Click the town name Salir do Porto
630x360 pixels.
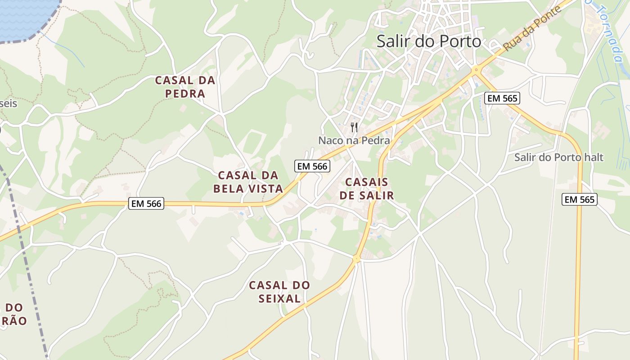(x=428, y=41)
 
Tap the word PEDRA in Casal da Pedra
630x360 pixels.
(x=185, y=94)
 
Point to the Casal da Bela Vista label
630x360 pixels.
(x=248, y=182)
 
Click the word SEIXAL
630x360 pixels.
(x=279, y=298)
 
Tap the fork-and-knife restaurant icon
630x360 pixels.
(x=354, y=127)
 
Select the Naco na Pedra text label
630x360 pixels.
(x=354, y=140)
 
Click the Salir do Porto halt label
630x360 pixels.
(x=558, y=157)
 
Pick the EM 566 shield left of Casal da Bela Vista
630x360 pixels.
(x=146, y=203)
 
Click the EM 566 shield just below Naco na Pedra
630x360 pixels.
(x=312, y=166)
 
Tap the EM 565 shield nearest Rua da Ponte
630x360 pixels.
(x=502, y=98)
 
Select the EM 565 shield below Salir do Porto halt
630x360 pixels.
(x=580, y=199)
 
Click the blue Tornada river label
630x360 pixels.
(x=609, y=31)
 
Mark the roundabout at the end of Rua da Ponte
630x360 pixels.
(x=476, y=70)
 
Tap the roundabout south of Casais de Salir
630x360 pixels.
(x=356, y=259)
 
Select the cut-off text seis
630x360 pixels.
(x=8, y=103)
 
